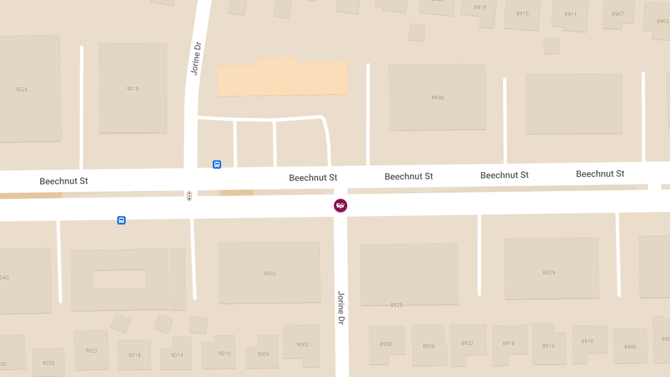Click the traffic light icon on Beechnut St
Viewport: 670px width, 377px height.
point(189,195)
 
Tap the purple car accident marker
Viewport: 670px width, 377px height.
point(341,206)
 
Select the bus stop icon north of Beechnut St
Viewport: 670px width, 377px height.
point(217,164)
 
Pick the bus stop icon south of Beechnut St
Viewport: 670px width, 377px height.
point(121,220)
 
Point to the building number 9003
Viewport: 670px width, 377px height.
point(270,274)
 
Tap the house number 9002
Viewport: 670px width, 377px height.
point(302,345)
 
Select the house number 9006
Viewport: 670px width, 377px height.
point(264,354)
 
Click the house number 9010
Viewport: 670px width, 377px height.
point(224,354)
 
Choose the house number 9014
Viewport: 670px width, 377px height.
point(177,355)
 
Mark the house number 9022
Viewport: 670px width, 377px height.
point(92,351)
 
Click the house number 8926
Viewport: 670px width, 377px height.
point(429,346)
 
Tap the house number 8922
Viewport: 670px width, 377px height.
point(467,343)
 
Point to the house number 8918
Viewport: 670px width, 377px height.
point(509,343)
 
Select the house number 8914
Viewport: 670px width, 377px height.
point(548,346)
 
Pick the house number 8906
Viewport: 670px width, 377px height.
point(630,347)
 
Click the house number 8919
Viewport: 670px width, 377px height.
point(480,7)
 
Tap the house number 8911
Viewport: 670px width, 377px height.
point(570,15)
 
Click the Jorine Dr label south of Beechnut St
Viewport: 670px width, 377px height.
point(341,308)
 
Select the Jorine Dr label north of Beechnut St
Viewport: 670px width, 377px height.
point(195,58)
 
